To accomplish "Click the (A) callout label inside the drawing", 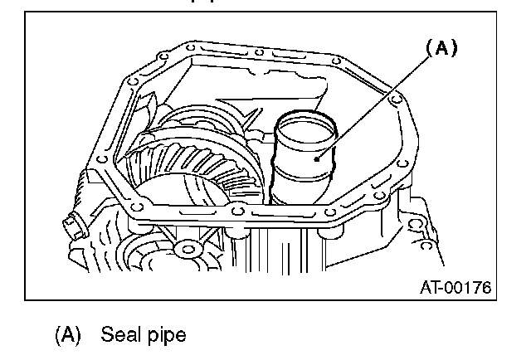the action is tap(442, 49).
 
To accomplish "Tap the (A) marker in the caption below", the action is tap(68, 335).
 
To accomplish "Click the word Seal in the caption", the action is tap(118, 335).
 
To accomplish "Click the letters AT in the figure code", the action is tap(431, 287).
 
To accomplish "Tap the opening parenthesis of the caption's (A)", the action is tap(58, 335).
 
